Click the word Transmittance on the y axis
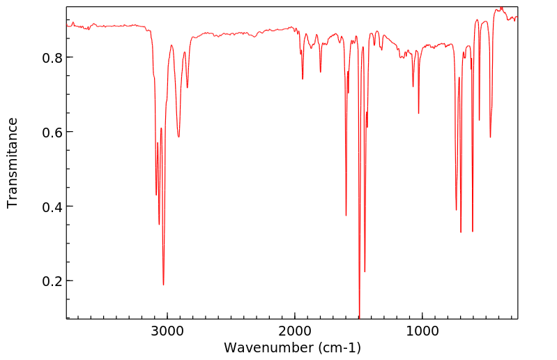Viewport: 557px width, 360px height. (x=13, y=163)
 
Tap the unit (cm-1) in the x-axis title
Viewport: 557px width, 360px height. (x=339, y=347)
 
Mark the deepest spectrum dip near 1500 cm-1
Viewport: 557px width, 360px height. (x=359, y=315)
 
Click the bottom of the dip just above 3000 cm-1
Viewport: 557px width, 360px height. (x=163, y=285)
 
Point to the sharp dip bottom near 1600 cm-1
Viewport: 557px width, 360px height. (x=346, y=216)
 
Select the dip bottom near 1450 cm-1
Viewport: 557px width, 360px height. (x=365, y=271)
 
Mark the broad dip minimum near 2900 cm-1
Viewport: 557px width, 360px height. (x=178, y=137)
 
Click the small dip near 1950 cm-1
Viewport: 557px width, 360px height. (x=303, y=79)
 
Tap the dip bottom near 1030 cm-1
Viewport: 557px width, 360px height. (x=418, y=113)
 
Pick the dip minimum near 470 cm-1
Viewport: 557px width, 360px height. (x=490, y=137)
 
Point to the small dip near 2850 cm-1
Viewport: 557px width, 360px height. (x=187, y=87)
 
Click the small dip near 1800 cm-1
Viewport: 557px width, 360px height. (x=321, y=72)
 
